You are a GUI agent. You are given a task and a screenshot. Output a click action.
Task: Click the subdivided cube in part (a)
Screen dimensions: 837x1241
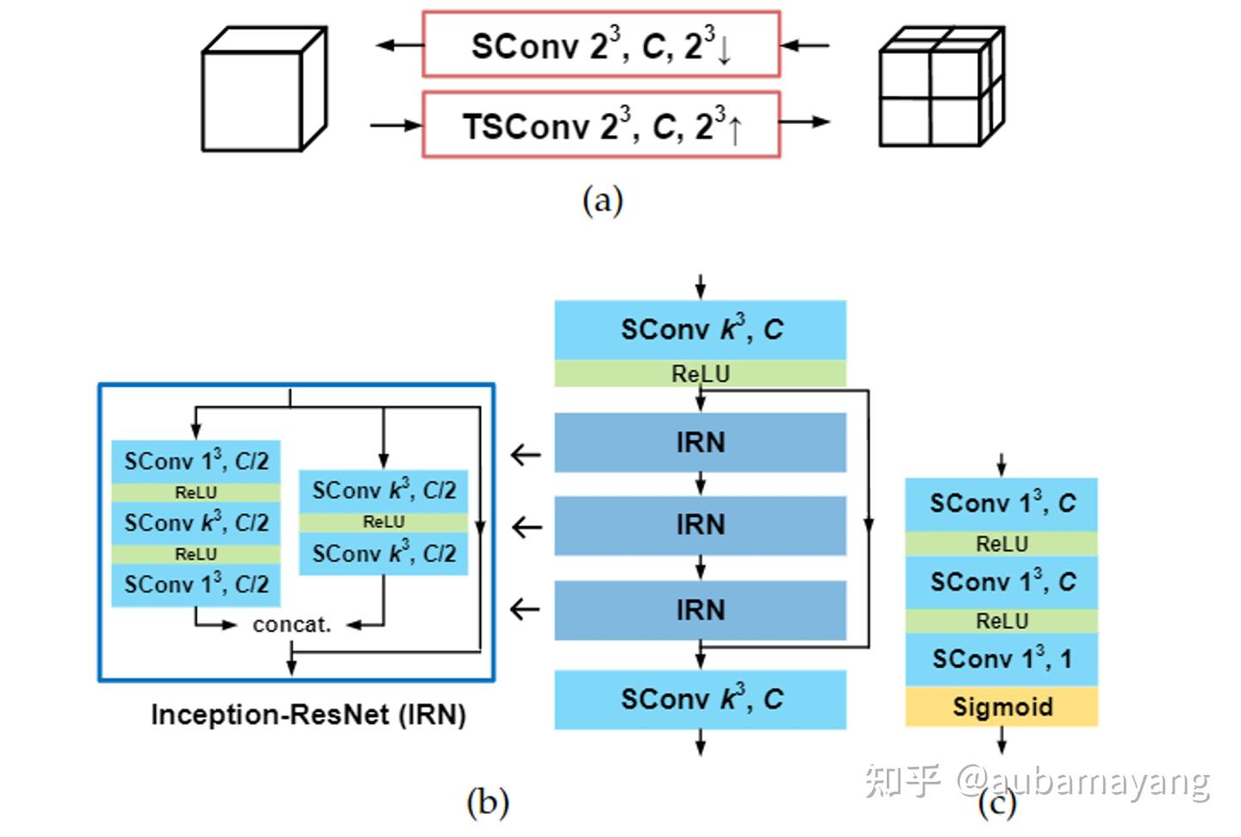coord(940,87)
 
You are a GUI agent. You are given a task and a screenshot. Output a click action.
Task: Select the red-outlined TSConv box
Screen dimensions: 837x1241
coord(601,126)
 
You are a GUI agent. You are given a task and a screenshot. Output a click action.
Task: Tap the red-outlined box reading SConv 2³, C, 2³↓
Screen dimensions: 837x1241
coord(601,45)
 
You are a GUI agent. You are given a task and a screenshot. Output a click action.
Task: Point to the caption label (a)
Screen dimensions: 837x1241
coord(602,201)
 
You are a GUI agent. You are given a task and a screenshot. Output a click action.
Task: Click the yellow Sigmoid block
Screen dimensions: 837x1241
coord(1001,707)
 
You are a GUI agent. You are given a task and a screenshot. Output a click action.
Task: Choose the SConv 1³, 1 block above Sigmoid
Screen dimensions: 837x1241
coord(1001,659)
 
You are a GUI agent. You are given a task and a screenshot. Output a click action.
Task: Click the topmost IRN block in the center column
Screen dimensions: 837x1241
coord(700,442)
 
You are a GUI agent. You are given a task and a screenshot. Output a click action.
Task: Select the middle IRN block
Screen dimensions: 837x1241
coord(700,525)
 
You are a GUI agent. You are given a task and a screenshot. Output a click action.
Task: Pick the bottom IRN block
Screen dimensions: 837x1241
coord(700,609)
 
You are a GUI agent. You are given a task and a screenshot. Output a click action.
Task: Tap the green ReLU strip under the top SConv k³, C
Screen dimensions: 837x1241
coord(700,373)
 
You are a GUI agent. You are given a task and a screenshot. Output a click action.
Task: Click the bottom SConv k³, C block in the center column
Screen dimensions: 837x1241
coord(700,699)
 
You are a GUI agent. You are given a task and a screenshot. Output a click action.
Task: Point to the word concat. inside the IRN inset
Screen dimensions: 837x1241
coord(291,625)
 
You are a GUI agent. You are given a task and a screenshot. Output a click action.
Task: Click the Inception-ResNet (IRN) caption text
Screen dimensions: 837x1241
coord(308,715)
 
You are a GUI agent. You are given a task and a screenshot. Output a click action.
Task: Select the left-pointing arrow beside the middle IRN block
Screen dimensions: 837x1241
coord(526,527)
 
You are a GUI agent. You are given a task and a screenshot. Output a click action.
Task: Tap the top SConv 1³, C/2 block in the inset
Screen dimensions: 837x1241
coord(196,461)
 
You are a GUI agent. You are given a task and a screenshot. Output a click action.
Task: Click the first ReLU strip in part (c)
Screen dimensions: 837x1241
coord(1001,544)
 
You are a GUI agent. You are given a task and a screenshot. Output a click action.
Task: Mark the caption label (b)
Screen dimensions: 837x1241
coord(487,803)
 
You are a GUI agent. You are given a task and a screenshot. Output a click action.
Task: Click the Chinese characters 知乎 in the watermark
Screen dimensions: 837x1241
coord(901,780)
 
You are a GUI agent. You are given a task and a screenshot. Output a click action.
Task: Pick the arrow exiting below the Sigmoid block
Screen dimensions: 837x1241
coord(1001,740)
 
